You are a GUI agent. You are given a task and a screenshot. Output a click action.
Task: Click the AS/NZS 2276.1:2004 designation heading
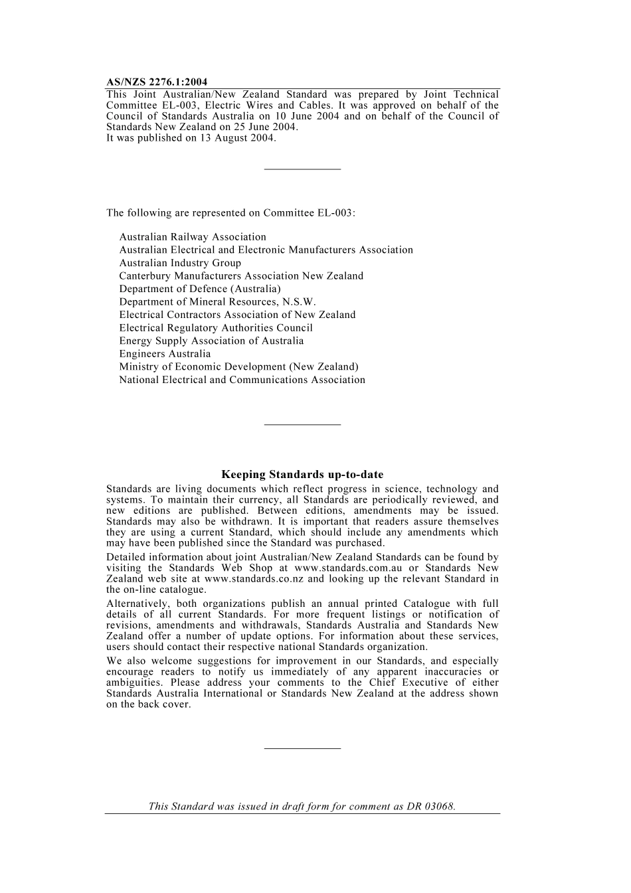[157, 82]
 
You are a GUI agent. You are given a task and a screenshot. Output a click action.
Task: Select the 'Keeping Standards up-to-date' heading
[302, 474]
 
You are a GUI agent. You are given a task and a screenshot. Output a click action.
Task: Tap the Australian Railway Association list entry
[193, 237]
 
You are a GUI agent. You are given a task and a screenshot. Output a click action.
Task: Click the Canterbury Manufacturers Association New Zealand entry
[241, 276]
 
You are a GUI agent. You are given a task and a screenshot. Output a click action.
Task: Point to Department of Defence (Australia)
[200, 289]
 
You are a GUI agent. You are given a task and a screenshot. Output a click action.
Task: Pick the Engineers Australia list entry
[165, 354]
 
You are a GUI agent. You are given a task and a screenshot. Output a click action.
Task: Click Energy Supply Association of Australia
[211, 341]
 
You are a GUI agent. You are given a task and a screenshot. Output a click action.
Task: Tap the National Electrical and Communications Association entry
[242, 380]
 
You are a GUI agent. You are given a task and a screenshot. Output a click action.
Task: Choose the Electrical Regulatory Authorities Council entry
[216, 328]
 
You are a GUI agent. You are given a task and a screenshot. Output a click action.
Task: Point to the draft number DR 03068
[431, 807]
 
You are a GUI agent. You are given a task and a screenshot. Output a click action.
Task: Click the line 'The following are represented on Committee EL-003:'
[230, 213]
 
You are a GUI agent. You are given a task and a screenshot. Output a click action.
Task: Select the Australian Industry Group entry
[180, 263]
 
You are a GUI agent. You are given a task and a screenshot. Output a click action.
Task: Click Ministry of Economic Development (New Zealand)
[238, 366]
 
